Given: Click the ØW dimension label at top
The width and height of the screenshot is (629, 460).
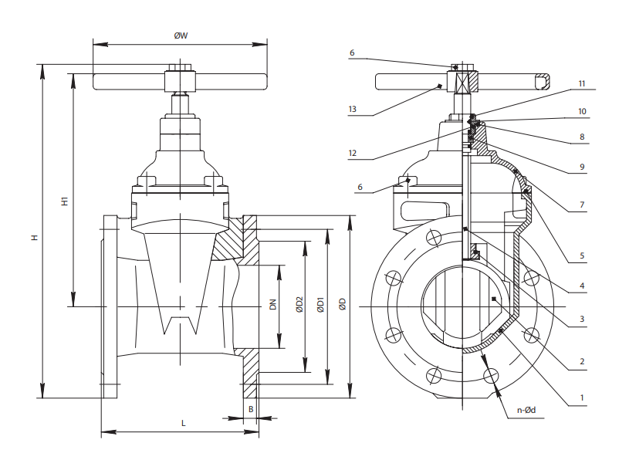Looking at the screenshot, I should tap(180, 35).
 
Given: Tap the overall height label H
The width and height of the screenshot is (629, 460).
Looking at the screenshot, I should tap(34, 238).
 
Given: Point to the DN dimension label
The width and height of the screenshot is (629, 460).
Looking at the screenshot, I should tap(272, 305).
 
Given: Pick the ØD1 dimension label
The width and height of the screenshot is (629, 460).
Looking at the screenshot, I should tap(320, 305).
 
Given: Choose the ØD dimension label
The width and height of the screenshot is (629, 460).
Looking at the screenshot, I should tap(343, 305).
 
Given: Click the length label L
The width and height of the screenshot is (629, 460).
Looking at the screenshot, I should tap(183, 423).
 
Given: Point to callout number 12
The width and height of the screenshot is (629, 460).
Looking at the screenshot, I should tap(352, 153).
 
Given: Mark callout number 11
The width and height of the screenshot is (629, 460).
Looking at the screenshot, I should tap(582, 83).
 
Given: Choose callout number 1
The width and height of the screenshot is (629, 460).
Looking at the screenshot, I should tap(582, 399).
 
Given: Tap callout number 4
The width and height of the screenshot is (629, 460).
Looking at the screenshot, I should tap(582, 286).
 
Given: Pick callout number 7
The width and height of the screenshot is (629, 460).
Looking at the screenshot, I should tap(582, 205).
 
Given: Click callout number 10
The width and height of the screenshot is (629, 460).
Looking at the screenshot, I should tap(582, 111).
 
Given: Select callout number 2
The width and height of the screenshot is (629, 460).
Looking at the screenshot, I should tap(582, 360).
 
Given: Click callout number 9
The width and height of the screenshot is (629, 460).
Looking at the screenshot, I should tap(582, 167).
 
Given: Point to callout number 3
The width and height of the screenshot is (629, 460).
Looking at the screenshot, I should tap(582, 318).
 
